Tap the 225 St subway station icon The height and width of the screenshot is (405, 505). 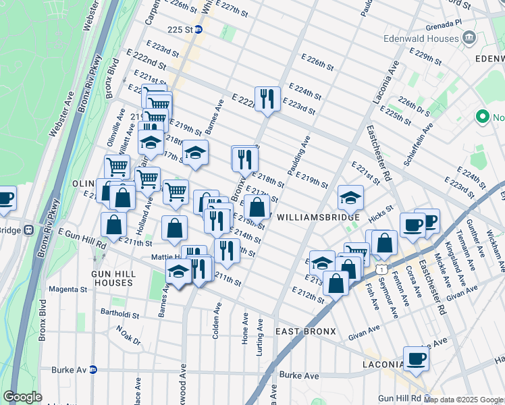pos(198,30)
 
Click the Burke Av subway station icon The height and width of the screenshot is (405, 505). pos(94,369)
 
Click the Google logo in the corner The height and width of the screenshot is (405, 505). pos(22,397)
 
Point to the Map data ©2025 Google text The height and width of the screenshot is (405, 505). pos(462,400)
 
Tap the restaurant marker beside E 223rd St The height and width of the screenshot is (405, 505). pos(267,99)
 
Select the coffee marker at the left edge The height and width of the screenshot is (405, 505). pos(5,198)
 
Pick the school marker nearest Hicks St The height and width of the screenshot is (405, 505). pos(350,198)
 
